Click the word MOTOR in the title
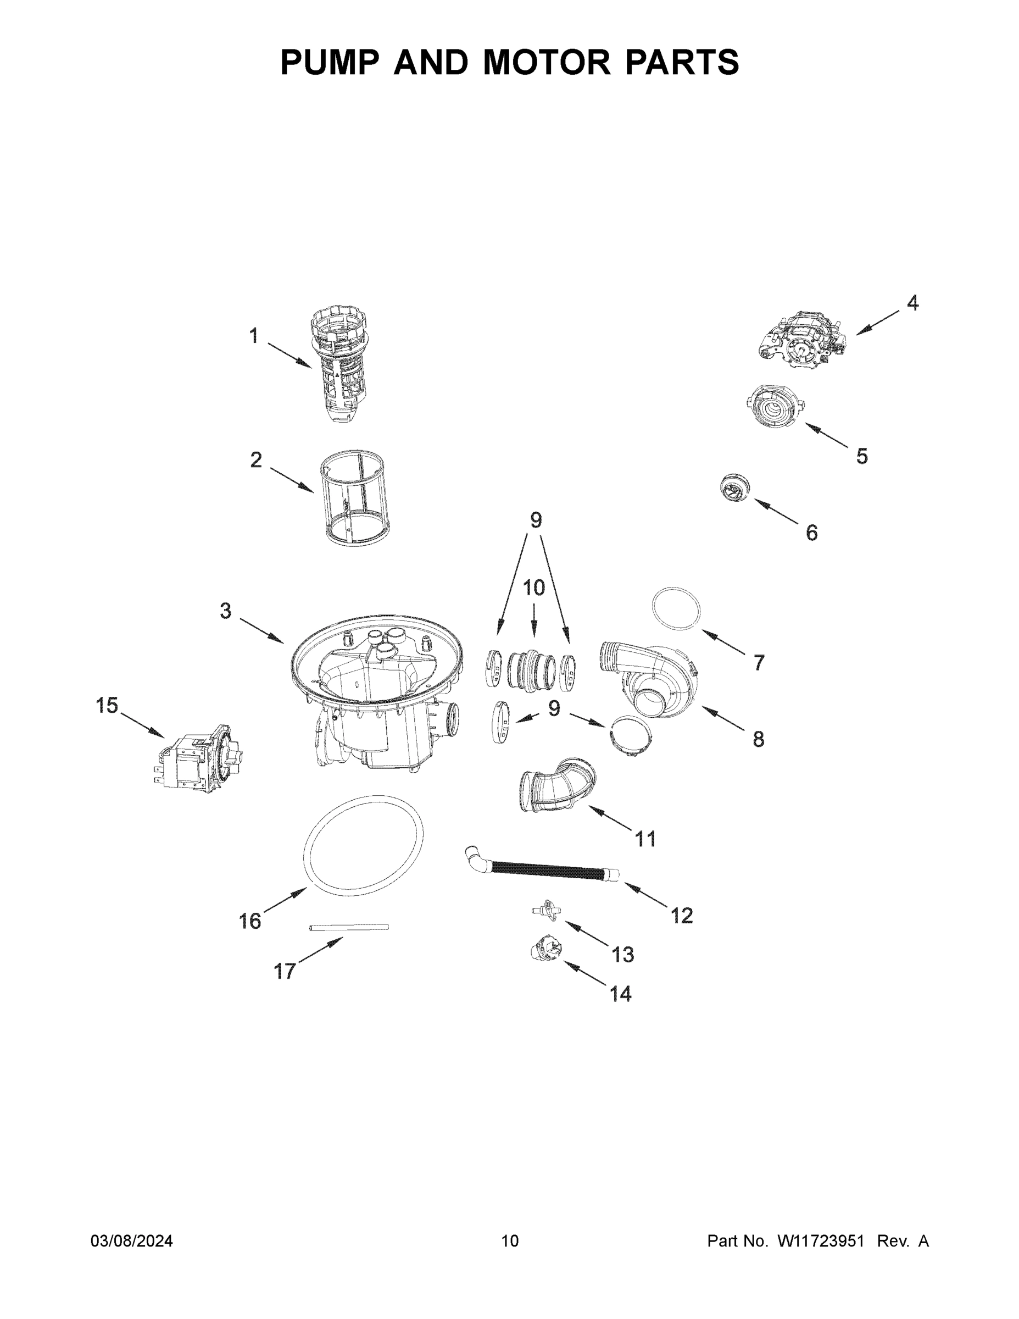[x=547, y=62]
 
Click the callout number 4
[x=913, y=303]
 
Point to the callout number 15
[x=107, y=706]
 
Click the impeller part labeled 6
[x=736, y=488]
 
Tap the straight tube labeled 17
[x=349, y=927]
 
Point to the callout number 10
[x=533, y=588]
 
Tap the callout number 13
[x=623, y=955]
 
